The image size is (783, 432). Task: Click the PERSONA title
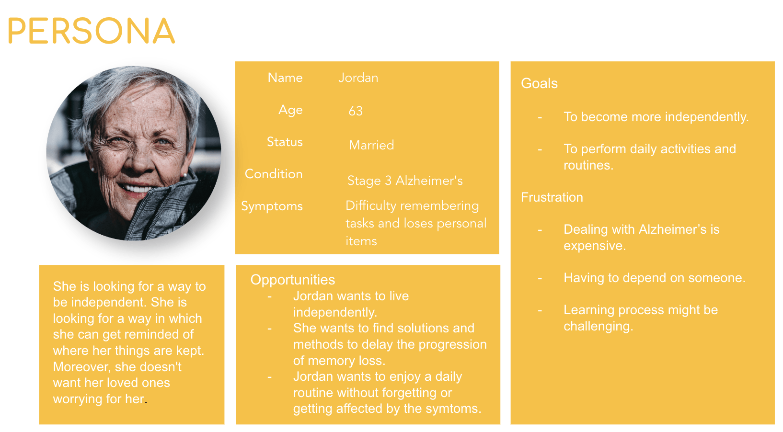(91, 31)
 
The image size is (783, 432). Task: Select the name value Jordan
(358, 78)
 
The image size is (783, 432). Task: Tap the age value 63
(356, 111)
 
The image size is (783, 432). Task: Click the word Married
(371, 145)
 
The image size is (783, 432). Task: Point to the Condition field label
(274, 174)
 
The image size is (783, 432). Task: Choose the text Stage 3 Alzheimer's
(405, 181)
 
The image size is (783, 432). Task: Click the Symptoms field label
(272, 206)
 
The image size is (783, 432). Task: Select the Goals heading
(539, 83)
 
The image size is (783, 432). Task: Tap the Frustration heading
(552, 197)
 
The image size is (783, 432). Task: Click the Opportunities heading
(293, 280)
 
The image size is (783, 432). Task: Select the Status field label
(285, 142)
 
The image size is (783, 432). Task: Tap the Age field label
(290, 110)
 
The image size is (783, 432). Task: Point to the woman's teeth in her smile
(136, 189)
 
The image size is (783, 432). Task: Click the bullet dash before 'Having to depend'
(540, 279)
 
